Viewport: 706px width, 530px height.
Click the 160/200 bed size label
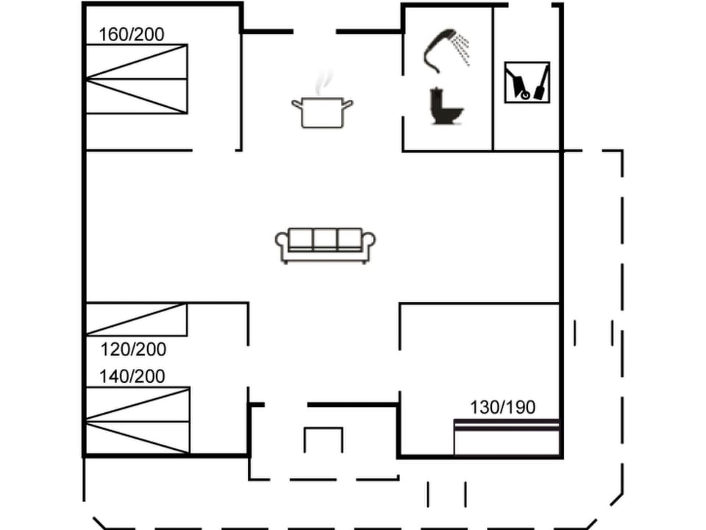pos(132,34)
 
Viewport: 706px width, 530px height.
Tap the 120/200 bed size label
pos(133,350)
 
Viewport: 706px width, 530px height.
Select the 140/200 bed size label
pos(132,376)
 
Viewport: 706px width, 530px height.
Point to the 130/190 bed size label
pos(503,407)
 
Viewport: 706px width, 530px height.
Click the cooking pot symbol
pos(321,111)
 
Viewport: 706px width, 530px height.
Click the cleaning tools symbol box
pos(527,82)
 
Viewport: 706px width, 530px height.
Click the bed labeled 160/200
pos(136,79)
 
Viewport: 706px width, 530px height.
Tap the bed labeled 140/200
pos(138,420)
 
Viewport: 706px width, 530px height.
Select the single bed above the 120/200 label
pos(136,319)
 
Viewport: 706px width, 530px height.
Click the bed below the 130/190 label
pos(507,438)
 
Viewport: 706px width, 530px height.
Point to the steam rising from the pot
pos(322,83)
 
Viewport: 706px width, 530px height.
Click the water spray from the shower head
pos(461,49)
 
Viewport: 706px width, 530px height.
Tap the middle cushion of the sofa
pos(325,241)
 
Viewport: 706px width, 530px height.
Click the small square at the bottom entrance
pos(324,440)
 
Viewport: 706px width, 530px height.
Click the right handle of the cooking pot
pos(349,104)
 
